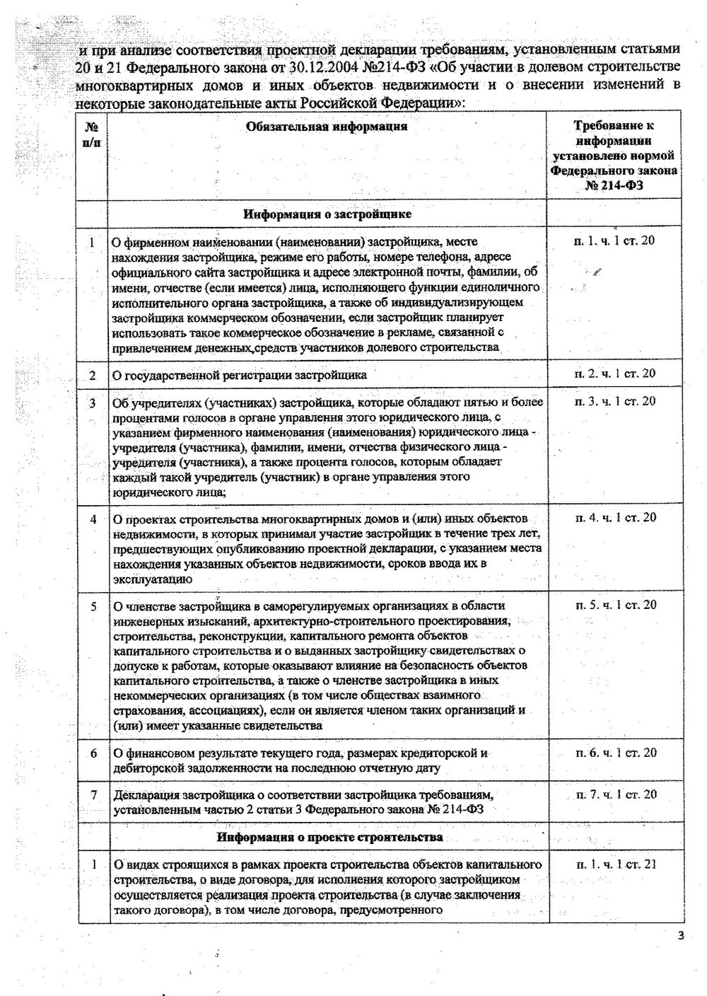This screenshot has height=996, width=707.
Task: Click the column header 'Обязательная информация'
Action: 327,127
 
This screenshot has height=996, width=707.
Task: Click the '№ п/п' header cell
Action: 92,134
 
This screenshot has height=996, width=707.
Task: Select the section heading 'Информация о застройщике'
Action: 327,214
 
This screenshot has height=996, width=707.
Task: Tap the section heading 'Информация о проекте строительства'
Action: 329,837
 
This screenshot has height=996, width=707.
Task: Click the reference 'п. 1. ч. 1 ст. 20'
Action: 614,241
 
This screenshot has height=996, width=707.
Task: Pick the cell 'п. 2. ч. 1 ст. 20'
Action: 614,373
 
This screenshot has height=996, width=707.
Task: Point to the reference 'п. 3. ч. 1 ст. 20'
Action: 614,401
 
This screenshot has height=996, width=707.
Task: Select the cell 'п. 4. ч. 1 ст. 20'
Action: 614,518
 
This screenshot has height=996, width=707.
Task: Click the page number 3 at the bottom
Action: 681,937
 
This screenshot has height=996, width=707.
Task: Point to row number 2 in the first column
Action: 92,375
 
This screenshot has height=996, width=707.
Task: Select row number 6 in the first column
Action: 93,753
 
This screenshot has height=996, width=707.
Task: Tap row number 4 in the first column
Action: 93,519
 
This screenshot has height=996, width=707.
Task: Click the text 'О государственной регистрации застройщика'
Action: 240,375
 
